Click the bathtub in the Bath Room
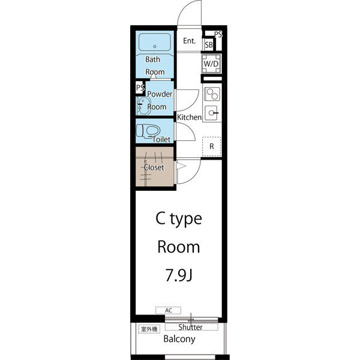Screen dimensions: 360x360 tap(155, 42)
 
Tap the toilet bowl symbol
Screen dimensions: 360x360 tap(148, 131)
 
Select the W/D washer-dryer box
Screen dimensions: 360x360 tap(211, 64)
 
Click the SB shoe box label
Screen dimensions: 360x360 tap(209, 45)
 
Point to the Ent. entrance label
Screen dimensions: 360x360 tap(190, 41)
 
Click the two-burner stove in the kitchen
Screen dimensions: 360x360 tap(212, 94)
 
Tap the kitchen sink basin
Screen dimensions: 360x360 tap(211, 113)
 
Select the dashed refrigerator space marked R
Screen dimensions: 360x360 tap(212, 146)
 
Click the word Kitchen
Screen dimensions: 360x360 tap(189, 118)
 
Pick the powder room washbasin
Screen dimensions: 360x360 tap(143, 106)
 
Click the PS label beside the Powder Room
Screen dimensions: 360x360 tap(140, 88)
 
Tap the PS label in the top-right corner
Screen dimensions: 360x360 tap(218, 34)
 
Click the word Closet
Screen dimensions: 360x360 tap(154, 167)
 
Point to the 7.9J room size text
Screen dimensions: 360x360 tap(179, 275)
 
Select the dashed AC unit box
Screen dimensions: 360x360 tap(168, 310)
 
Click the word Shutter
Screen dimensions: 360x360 tap(191, 327)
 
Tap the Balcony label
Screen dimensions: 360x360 tap(179, 339)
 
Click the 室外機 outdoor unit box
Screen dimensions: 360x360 tap(149, 329)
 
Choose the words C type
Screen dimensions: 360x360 tap(179, 220)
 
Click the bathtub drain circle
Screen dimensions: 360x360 tap(155, 46)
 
